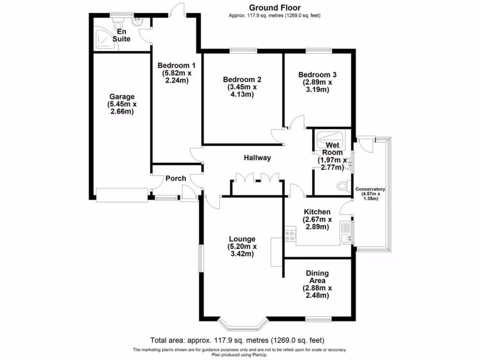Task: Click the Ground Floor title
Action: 275,7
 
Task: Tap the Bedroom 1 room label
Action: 176,66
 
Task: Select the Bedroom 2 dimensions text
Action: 242,91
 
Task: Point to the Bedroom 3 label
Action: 317,75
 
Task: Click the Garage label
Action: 122,97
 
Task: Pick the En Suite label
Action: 121,35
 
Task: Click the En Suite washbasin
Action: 137,22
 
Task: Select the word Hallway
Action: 257,157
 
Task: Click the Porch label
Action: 176,179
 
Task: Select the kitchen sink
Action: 346,238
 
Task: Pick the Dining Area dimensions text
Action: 317,292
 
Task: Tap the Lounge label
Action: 242,239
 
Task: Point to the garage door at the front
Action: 122,195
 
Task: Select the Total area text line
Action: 237,340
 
